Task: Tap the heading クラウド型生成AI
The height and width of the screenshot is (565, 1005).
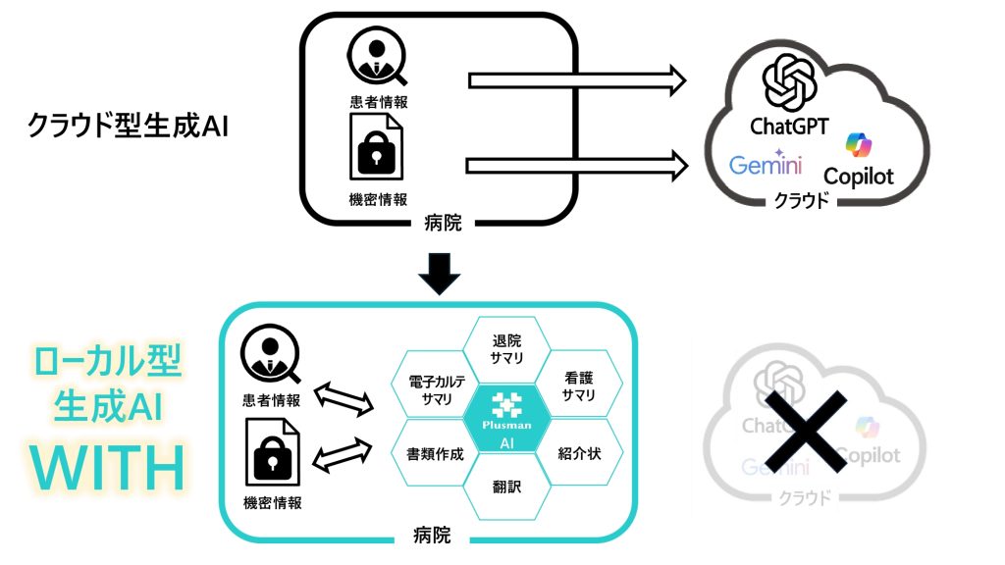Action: pyautogui.click(x=128, y=127)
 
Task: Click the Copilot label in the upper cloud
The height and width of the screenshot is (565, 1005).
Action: pyautogui.click(x=860, y=177)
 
